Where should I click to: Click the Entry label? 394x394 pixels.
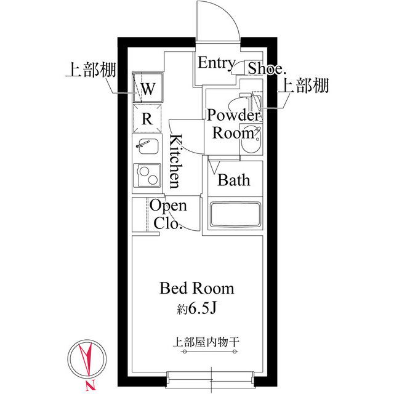point(215,63)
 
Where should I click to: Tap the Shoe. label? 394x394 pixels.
point(265,68)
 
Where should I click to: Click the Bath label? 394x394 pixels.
point(234,180)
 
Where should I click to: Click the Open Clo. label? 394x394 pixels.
point(167,215)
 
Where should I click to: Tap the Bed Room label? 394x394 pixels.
point(196,288)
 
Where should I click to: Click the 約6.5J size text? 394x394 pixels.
point(196,308)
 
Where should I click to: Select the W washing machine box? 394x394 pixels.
point(148,89)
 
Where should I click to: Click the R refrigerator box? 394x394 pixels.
point(148,119)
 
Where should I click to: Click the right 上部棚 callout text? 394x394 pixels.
point(304,86)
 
